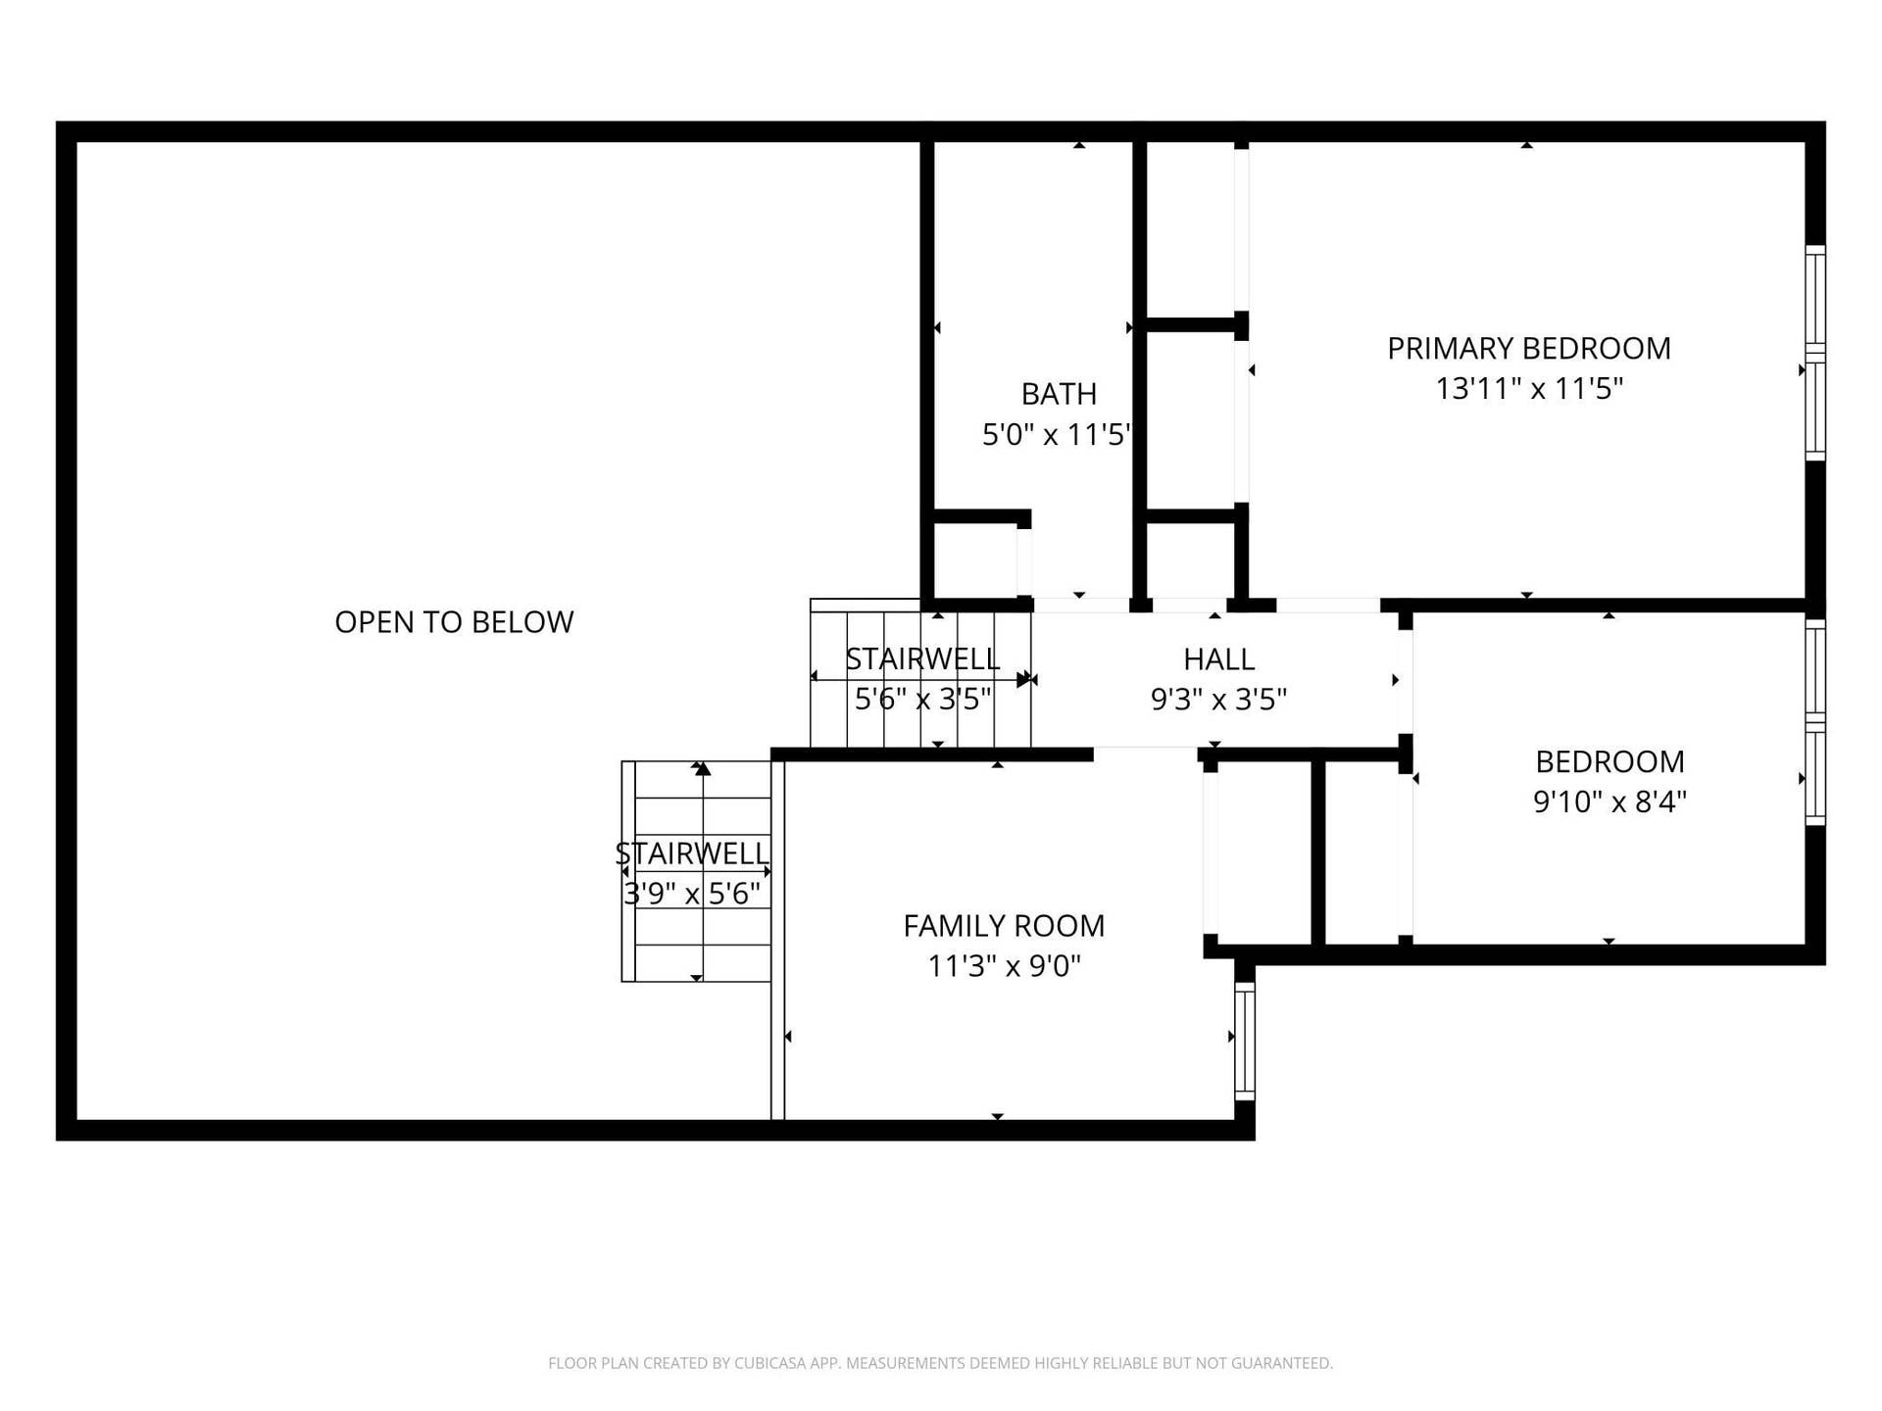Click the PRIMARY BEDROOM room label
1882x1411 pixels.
[1528, 348]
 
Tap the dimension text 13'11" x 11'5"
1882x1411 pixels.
[1529, 389]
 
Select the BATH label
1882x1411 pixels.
[1059, 394]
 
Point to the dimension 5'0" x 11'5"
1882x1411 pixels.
[1057, 434]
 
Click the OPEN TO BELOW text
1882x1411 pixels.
[454, 622]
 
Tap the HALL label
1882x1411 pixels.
[1218, 659]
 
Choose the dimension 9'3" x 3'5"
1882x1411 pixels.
[1218, 700]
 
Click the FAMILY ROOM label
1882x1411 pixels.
[1004, 926]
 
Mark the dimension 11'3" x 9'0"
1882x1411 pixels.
[1004, 966]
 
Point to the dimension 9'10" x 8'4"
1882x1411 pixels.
[1610, 802]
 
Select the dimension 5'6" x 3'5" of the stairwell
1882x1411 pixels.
[923, 700]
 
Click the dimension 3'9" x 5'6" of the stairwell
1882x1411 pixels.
[692, 894]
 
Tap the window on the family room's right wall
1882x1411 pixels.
[1245, 1041]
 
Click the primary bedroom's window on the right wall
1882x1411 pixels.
[1815, 353]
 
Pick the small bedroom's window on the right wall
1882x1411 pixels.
[1815, 722]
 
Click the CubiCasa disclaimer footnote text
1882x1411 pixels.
[941, 1363]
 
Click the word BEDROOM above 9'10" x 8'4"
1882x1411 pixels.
[1610, 761]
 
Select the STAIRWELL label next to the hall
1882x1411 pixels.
[922, 659]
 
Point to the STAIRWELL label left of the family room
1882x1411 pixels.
[692, 853]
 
